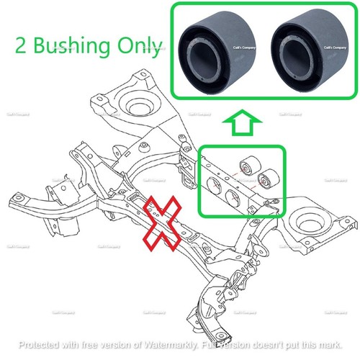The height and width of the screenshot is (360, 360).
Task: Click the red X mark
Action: pos(164,222)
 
